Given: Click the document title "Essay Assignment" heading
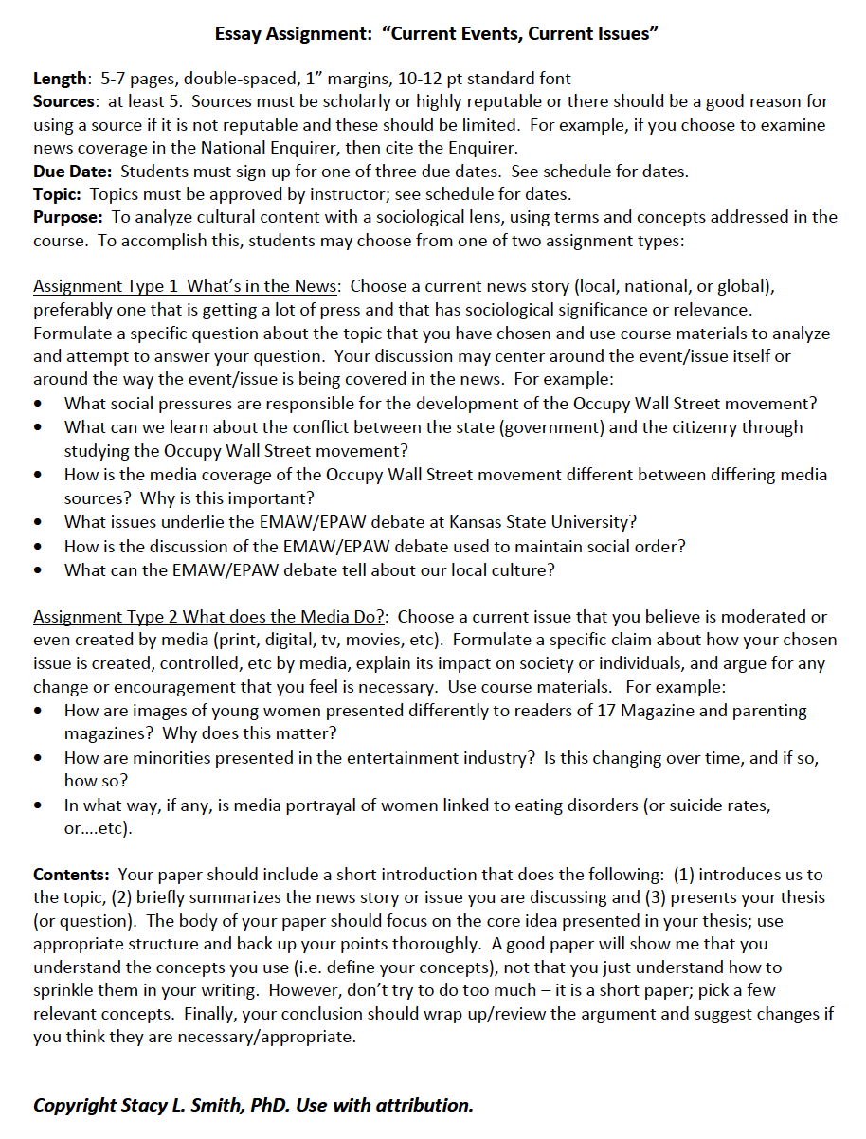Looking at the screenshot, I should (x=436, y=34).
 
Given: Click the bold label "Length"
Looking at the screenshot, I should (x=62, y=79).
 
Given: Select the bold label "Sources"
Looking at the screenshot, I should (x=64, y=101).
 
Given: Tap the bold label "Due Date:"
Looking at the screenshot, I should (x=73, y=172).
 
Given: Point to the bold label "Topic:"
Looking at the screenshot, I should (x=59, y=194).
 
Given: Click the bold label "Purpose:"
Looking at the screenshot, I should (x=67, y=217).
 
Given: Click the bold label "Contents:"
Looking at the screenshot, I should (x=71, y=875).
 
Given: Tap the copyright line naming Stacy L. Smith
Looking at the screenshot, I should (x=253, y=1105).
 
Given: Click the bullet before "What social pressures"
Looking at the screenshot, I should (x=37, y=404).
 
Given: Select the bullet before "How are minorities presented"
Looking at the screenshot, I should (x=37, y=758).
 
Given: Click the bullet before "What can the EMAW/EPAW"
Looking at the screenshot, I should (x=37, y=570).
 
